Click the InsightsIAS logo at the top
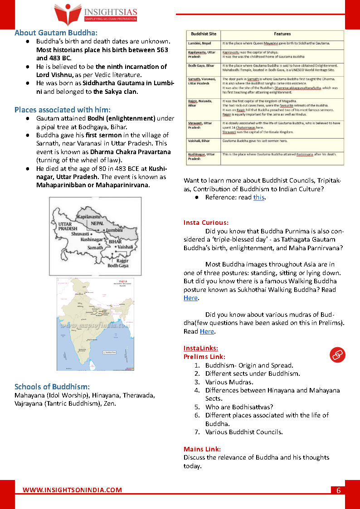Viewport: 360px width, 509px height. [x=95, y=13]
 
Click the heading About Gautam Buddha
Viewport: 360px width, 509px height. [x=56, y=33]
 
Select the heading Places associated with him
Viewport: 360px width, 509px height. [x=62, y=110]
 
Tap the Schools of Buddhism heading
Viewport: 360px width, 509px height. [x=52, y=387]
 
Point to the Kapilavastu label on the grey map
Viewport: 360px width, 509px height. [x=94, y=218]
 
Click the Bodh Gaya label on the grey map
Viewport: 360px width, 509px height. [x=117, y=266]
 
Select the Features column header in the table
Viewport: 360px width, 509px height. [x=282, y=34]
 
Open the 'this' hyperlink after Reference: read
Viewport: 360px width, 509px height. [x=258, y=197]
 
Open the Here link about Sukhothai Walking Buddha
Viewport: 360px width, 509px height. [x=190, y=298]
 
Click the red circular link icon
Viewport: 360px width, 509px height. [x=337, y=355]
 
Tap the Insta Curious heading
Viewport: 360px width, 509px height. [x=206, y=223]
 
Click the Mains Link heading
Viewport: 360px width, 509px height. [x=202, y=449]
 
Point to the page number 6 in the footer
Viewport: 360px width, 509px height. [x=338, y=490]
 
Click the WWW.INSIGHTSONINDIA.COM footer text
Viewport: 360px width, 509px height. [x=73, y=490]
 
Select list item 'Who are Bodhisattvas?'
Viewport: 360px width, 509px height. [x=239, y=407]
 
